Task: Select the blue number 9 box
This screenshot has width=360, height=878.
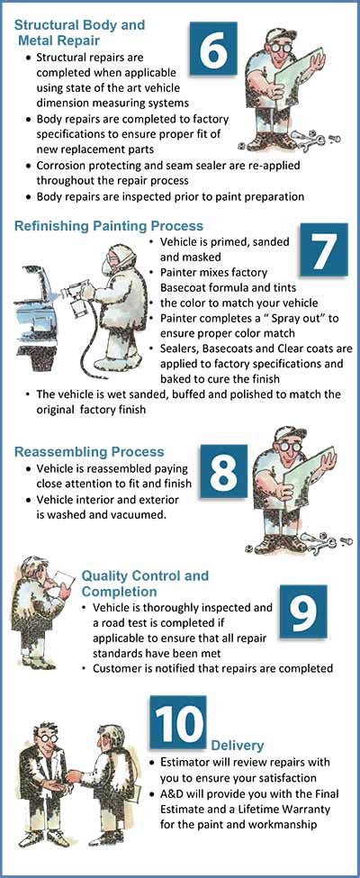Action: point(302,612)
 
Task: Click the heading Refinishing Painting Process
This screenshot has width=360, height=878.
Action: point(109,226)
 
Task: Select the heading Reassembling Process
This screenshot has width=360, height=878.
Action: point(89,451)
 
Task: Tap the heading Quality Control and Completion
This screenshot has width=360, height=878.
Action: point(145,584)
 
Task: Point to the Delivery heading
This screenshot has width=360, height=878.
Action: point(238,746)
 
